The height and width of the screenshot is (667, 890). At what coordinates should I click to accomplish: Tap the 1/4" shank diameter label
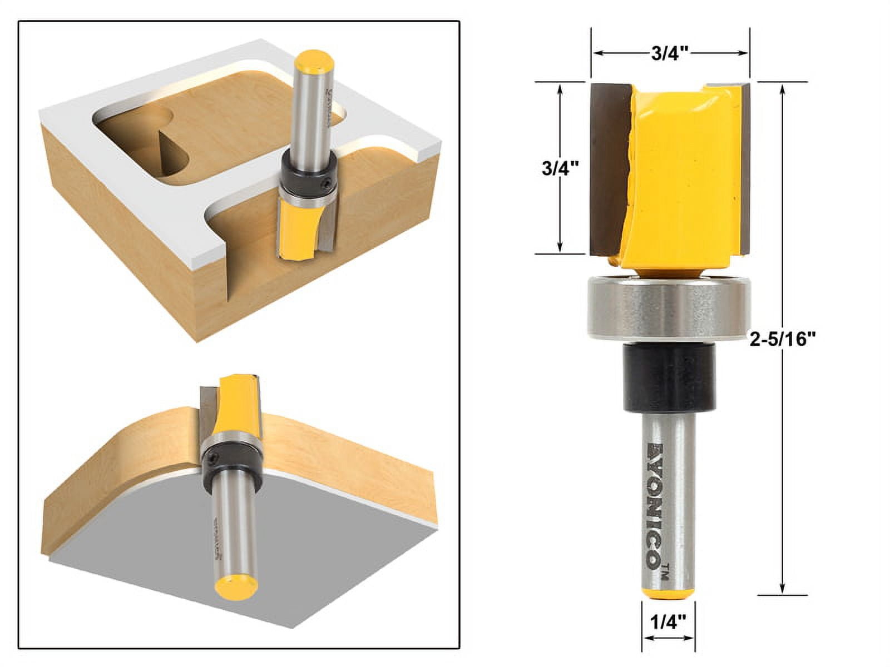pos(667,619)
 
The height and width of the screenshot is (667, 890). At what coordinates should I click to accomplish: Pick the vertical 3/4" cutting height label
pos(560,168)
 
